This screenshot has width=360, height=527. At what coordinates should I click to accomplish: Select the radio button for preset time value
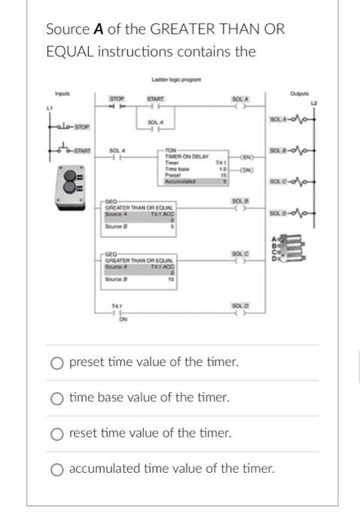pos(56,362)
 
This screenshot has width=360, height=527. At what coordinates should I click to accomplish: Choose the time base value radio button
pos(56,398)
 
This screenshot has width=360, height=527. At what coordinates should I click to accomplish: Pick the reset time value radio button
pos(56,433)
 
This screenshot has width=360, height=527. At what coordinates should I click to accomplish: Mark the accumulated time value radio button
pos(56,468)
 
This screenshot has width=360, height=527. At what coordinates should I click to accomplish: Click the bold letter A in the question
pos(97,29)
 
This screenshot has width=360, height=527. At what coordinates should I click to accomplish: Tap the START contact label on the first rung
pos(155,97)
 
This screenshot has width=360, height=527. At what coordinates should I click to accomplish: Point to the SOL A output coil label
pos(240,98)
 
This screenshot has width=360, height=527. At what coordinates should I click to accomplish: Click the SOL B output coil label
pos(240,201)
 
